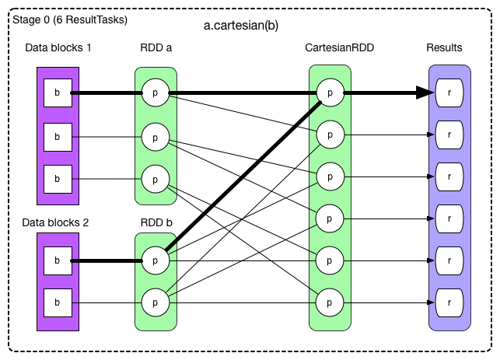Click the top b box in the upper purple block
click(58, 93)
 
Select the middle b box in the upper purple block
click(58, 137)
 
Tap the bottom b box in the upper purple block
click(58, 179)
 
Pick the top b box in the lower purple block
click(58, 260)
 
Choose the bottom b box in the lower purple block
click(58, 302)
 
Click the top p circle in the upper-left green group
click(156, 93)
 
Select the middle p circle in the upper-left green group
click(156, 137)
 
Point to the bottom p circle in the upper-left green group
click(156, 179)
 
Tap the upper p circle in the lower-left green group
click(156, 260)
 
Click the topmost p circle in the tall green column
click(330, 93)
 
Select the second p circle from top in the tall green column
click(330, 135)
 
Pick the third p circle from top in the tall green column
click(330, 176)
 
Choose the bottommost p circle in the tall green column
click(330, 299)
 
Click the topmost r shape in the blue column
click(449, 93)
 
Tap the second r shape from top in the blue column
click(449, 135)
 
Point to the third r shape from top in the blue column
click(449, 176)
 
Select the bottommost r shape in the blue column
click(449, 299)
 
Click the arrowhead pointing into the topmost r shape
click(432, 93)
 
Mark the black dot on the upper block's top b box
click(72, 93)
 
